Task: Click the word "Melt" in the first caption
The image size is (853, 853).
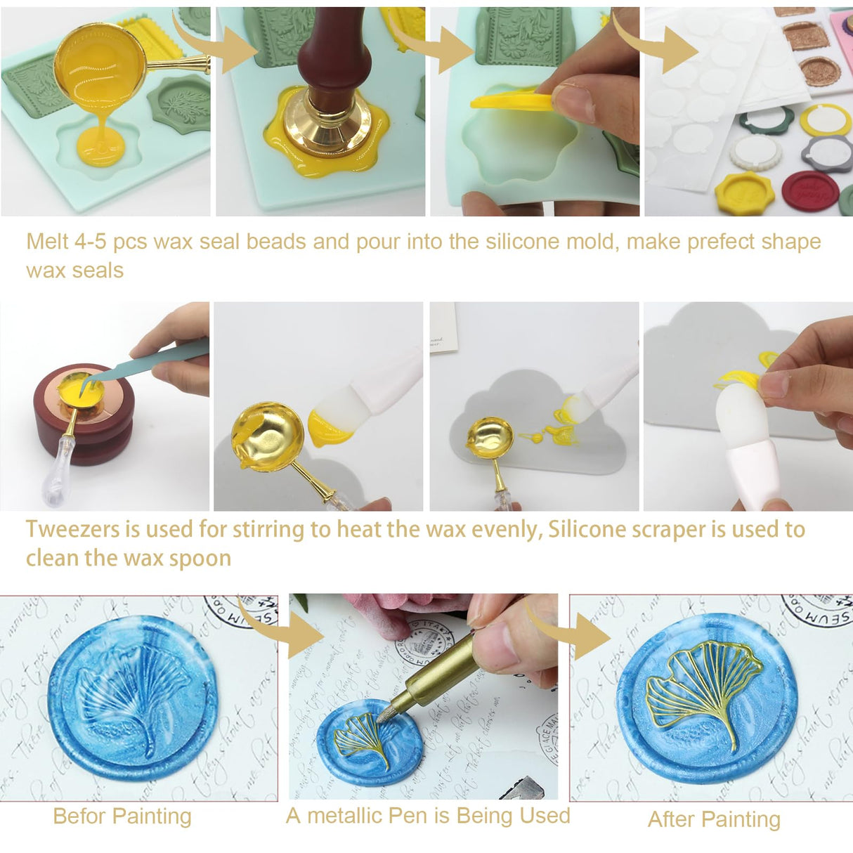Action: point(47,242)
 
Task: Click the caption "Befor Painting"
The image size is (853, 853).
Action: point(122,816)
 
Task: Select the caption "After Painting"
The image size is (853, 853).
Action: point(714,819)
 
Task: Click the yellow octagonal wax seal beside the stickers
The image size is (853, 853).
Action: point(744,193)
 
